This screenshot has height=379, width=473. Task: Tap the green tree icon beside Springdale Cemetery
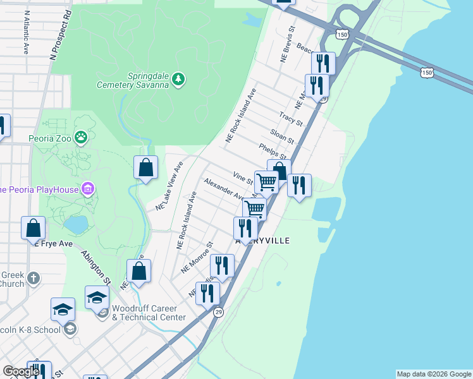point(180,79)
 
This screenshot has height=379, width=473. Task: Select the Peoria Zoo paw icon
point(81,136)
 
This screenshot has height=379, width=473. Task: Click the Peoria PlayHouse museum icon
point(87,189)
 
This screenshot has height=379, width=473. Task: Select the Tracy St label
point(291,118)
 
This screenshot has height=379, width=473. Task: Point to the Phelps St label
point(273,151)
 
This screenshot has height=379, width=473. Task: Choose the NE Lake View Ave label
point(169,186)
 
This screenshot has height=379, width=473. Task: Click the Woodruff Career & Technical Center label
point(149,313)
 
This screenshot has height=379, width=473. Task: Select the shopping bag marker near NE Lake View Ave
point(145,167)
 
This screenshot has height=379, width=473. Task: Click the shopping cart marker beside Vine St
point(266,182)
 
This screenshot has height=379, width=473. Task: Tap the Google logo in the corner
point(20,371)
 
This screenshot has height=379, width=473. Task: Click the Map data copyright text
point(434,374)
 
